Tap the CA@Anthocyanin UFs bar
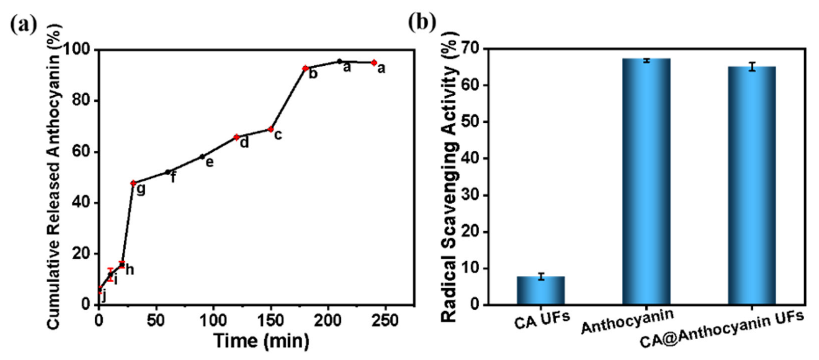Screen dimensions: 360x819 pos(751,186)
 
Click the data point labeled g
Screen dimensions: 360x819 pos(133,183)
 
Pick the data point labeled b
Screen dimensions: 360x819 pos(305,68)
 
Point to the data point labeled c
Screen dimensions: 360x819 pos(271,129)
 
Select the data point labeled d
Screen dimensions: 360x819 pos(236,137)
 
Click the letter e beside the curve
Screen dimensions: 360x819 pos(209,162)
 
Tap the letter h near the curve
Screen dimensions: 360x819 pos(129,270)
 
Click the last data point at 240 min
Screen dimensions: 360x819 pos(374,63)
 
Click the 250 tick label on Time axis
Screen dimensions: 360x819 pos(385,320)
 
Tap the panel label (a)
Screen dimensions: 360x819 pos(23,24)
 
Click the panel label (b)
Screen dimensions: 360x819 pos(422,22)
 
